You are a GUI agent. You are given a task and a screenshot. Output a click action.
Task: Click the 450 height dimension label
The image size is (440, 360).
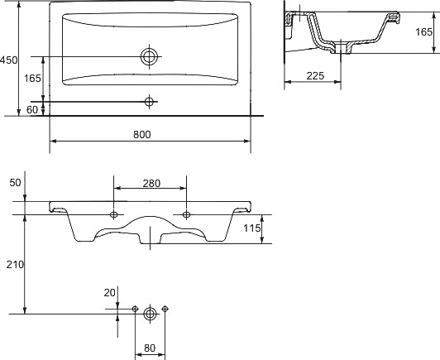click(8, 60)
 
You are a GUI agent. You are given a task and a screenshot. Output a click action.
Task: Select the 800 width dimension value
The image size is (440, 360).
click(142, 135)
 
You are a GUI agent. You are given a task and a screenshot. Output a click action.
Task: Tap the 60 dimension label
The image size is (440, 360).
click(32, 110)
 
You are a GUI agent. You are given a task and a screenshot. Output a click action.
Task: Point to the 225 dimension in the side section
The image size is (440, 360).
click(315, 76)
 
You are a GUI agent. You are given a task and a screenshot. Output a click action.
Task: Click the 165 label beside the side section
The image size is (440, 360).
click(423, 32)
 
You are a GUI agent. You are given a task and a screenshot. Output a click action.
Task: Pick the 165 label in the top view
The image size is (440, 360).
click(32, 79)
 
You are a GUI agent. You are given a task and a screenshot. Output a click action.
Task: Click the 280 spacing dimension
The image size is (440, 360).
click(151, 184)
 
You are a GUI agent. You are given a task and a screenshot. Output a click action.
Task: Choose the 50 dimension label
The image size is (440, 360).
click(15, 183)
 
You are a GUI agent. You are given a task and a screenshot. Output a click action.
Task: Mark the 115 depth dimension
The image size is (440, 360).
click(252, 228)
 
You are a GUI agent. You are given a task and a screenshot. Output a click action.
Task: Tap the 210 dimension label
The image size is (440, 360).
click(15, 265)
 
